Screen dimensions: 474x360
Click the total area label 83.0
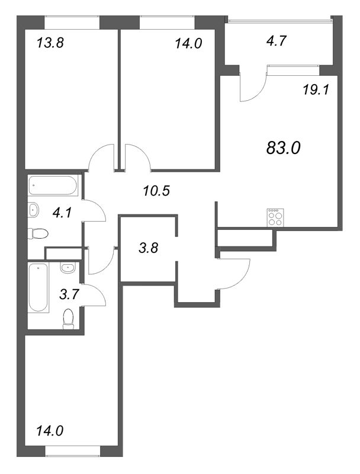coord(284,148)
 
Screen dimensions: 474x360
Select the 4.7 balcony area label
coord(276,41)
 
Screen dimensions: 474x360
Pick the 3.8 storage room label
coord(148,249)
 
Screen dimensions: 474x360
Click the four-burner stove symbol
coord(275,217)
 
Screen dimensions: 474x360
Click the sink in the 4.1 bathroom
coord(34,209)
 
